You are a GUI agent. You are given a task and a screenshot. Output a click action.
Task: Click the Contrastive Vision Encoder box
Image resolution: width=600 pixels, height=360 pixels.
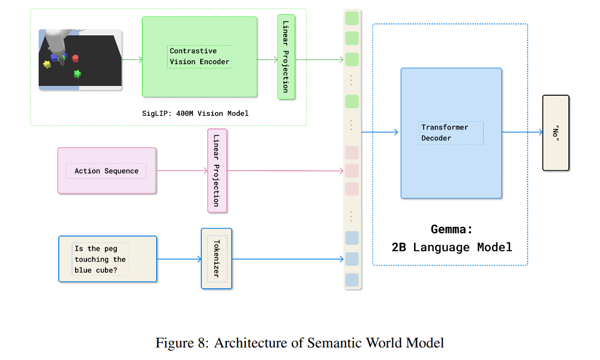(199, 57)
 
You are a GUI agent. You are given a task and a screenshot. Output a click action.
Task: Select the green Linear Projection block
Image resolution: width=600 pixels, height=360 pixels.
(286, 57)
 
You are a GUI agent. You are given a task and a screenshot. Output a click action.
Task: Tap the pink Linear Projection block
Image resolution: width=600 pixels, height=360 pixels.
(217, 170)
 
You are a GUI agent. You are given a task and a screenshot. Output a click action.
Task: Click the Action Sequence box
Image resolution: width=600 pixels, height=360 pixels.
(107, 171)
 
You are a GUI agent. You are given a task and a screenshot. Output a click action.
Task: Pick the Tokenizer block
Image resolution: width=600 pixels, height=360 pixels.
(217, 258)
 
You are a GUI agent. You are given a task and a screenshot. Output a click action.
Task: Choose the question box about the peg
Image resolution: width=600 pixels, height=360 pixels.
(107, 259)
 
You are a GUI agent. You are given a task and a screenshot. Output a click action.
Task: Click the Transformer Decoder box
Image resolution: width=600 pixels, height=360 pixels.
(451, 133)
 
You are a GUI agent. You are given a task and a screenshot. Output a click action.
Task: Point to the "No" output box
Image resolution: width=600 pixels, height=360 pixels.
(555, 133)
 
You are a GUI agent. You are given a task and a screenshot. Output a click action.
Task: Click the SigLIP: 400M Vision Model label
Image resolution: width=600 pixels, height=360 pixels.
(194, 113)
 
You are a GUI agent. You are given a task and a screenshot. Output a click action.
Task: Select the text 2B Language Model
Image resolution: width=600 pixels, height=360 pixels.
(451, 247)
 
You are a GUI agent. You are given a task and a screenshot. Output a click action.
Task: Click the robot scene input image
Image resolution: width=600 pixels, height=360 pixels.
(81, 59)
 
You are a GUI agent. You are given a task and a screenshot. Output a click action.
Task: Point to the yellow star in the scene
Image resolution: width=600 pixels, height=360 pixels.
(47, 64)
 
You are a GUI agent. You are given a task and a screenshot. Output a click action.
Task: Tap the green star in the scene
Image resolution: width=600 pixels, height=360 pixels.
(78, 73)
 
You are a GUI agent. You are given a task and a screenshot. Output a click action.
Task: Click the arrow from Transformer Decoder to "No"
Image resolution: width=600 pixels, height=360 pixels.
(522, 132)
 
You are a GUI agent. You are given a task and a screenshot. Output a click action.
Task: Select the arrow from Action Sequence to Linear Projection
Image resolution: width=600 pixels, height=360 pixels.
(182, 171)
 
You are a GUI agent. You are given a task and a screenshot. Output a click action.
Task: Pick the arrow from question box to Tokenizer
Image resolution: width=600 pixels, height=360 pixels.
(179, 259)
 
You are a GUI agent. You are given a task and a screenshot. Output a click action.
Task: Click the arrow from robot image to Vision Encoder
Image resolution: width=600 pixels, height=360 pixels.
(132, 59)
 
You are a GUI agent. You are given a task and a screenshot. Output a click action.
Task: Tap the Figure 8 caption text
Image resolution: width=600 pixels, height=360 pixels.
(300, 343)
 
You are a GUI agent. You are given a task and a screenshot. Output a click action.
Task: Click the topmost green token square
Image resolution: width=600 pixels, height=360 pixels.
(352, 17)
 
